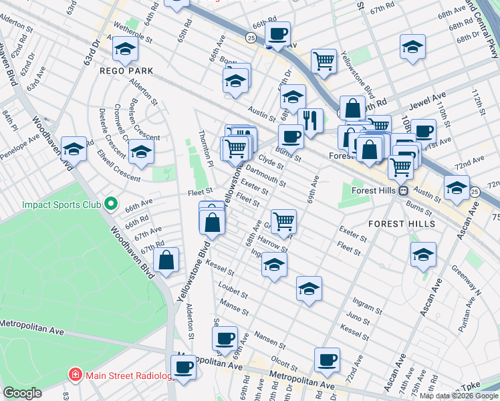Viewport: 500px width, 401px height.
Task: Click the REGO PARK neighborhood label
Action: point(126,70)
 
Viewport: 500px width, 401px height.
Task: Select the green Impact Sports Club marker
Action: point(111,203)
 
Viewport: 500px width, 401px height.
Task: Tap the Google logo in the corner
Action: point(23,393)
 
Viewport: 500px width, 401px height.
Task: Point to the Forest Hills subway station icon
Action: point(404,190)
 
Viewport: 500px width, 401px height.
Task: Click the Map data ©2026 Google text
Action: point(459,396)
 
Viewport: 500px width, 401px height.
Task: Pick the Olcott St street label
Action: point(284,362)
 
